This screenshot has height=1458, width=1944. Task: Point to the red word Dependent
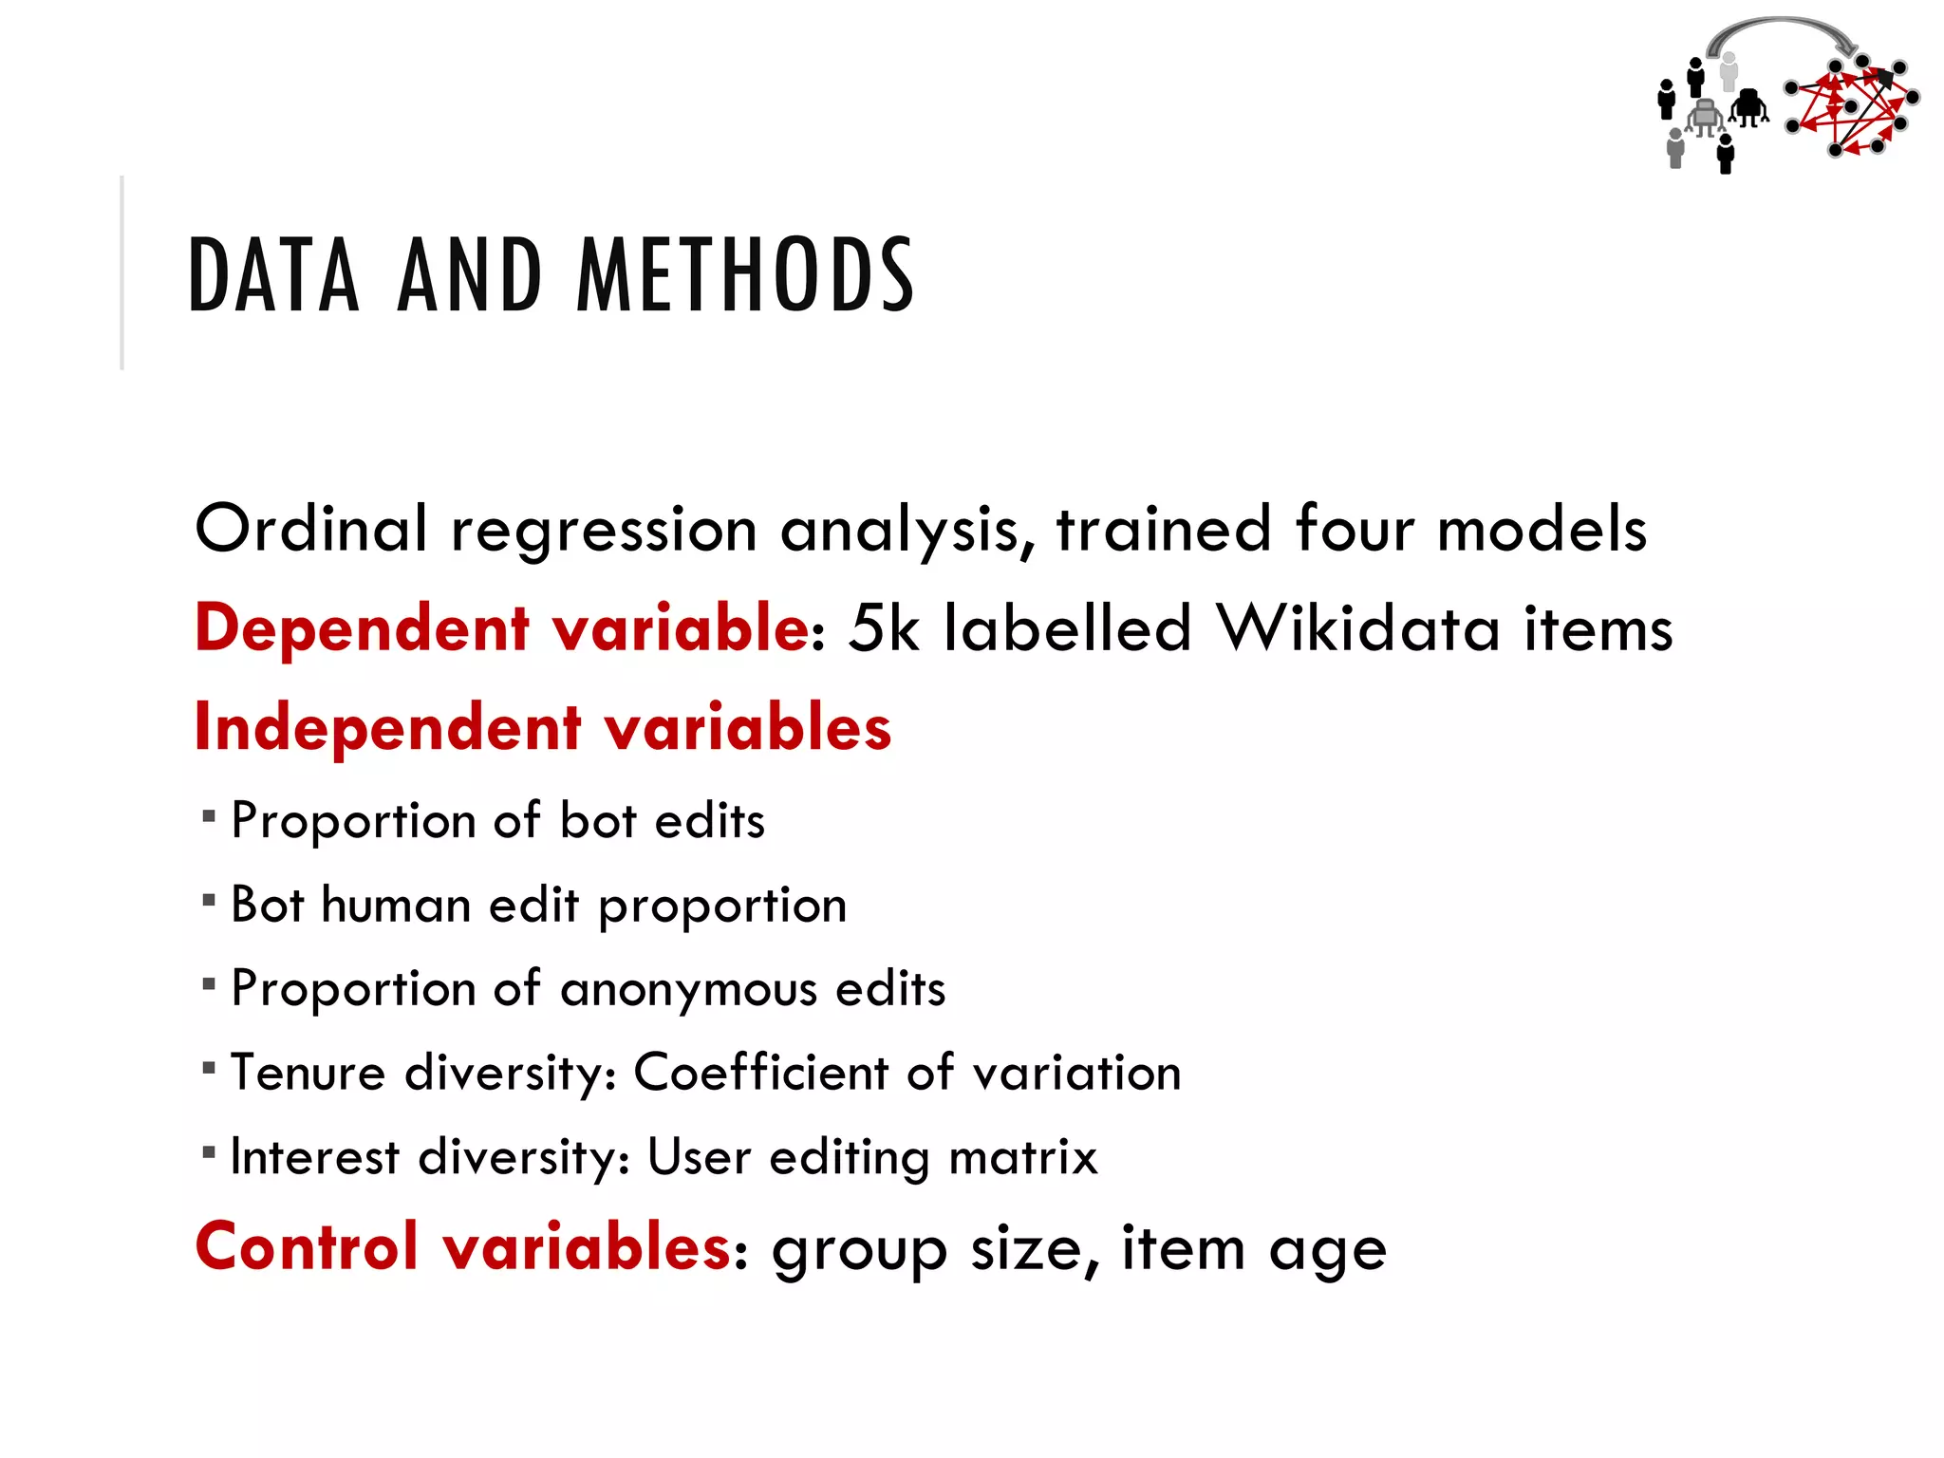click(x=362, y=628)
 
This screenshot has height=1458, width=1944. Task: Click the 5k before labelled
click(x=884, y=628)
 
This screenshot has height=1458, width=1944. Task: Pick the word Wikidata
click(x=1359, y=628)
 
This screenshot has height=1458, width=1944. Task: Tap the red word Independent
click(x=387, y=728)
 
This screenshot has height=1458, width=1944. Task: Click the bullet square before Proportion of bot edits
click(x=209, y=815)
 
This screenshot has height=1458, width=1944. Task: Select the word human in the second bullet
click(x=396, y=905)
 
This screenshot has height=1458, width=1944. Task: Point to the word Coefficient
click(x=759, y=1073)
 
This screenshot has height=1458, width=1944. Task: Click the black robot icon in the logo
click(x=1748, y=108)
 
